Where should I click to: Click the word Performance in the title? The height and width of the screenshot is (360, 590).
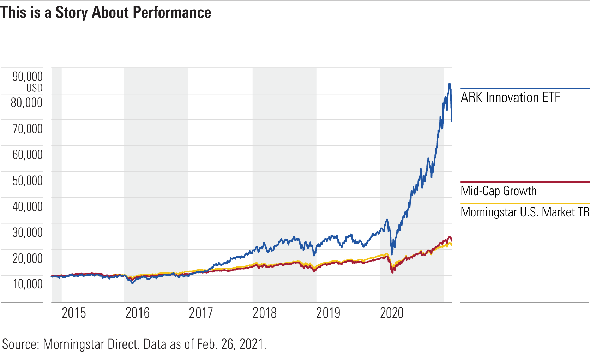pos(172,13)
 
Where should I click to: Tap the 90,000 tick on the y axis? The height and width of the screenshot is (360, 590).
pos(28,77)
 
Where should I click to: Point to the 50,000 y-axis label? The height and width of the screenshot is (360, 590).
pos(28,180)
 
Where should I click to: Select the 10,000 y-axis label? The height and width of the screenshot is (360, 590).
pos(28,284)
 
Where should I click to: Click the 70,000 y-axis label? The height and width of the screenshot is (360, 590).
pos(28,128)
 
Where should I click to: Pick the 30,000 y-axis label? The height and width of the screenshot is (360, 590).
pos(28,232)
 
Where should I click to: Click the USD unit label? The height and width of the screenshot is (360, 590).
pos(34,88)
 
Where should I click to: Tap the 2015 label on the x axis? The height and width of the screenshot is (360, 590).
pos(74,313)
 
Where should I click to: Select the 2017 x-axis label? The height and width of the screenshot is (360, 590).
pos(201,313)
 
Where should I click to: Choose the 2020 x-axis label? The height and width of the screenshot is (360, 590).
pos(392,313)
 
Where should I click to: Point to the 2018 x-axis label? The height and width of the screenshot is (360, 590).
pos(265,313)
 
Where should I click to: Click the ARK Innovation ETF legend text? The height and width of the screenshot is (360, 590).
pos(510,97)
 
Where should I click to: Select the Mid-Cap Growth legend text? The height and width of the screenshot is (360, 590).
pos(498,191)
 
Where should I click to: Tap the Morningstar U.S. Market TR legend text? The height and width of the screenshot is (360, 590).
pos(525,212)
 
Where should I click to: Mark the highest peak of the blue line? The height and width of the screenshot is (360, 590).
pos(449,84)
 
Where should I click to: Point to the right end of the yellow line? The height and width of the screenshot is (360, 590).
pos(452,245)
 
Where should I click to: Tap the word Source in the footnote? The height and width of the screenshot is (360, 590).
pos(20,344)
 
